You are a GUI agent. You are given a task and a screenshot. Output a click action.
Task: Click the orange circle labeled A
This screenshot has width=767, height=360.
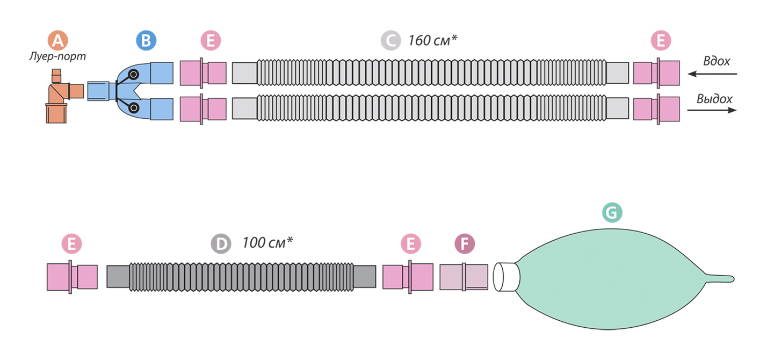57,40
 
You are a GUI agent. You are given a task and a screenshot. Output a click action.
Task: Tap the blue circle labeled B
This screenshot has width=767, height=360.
146,40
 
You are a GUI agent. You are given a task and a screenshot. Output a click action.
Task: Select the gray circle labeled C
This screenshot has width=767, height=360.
390,40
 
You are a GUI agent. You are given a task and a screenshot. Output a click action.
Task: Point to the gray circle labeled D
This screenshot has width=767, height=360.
221,243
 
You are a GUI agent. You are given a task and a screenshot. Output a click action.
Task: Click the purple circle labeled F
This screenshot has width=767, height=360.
465,243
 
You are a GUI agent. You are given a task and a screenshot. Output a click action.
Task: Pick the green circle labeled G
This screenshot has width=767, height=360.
612,212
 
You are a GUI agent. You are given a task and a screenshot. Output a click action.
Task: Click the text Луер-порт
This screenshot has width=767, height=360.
57,56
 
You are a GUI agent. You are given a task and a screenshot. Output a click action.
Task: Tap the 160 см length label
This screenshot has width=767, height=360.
433,40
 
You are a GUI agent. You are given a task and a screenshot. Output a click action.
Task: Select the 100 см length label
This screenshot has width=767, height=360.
267,242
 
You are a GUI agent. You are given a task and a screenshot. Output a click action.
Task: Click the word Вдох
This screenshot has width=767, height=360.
717,61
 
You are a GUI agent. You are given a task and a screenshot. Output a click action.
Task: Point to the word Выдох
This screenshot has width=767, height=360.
714,99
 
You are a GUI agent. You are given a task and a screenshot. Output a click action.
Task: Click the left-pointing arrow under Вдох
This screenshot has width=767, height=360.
712,74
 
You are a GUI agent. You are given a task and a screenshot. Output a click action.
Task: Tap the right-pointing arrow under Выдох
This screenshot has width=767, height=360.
712,110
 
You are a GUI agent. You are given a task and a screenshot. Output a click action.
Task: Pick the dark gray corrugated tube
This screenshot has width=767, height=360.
241,277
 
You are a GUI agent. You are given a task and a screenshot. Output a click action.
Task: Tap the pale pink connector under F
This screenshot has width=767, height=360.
464,277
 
